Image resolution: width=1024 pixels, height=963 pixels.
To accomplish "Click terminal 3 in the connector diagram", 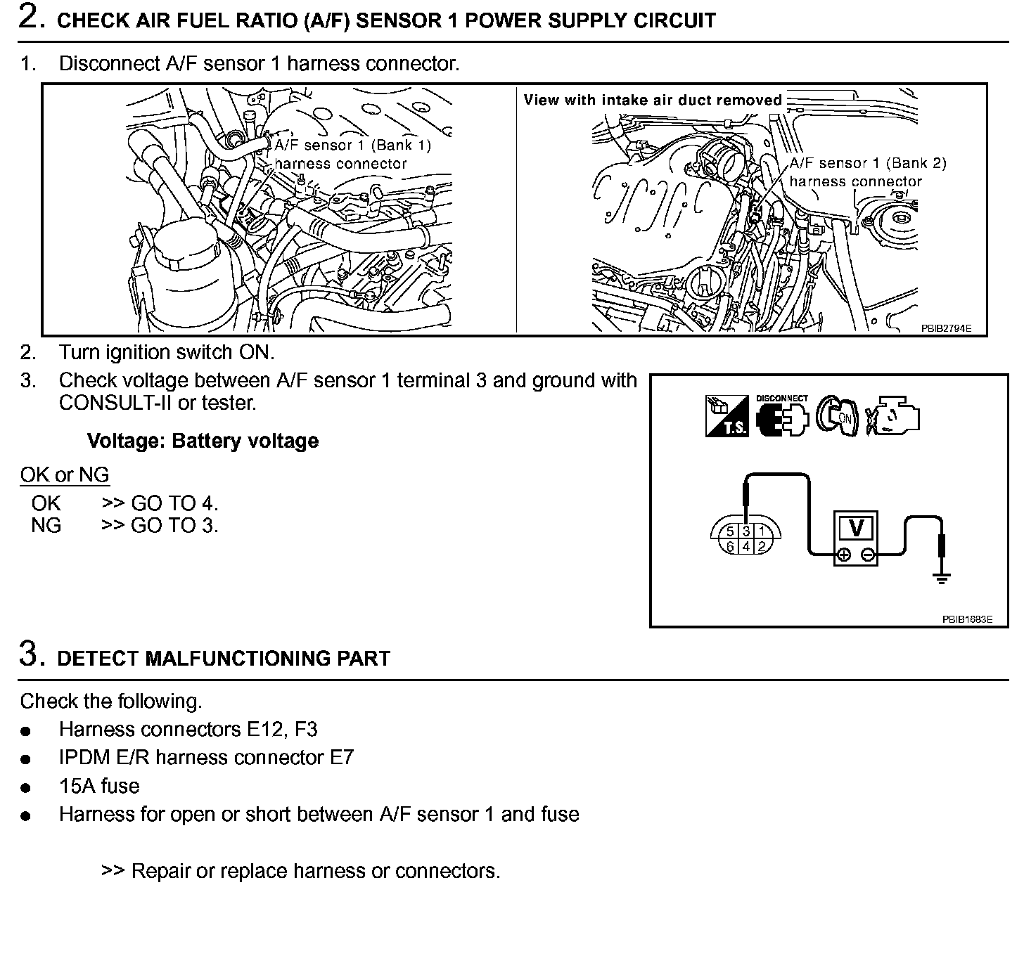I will coord(746,531).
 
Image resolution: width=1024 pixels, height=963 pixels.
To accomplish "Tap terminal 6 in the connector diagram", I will coord(731,546).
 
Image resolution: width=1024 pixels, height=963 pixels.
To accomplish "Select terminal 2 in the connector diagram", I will coord(761,546).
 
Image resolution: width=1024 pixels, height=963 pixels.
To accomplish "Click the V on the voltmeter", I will coord(856,527).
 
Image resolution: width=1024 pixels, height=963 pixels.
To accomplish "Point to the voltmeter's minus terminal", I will coord(868,555).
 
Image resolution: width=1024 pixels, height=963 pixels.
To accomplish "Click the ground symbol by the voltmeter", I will coord(941,578).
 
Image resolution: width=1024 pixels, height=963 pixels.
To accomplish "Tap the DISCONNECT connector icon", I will coord(782,416).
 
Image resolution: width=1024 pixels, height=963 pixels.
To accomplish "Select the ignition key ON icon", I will coord(837,416).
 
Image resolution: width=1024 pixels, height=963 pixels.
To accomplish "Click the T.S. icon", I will coord(727,416).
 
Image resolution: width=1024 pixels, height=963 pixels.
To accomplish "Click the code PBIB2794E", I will coord(946,328).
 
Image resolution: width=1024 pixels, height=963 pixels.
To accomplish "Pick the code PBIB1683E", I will coord(967,619).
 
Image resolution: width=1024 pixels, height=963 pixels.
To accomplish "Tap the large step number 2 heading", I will coord(29,18).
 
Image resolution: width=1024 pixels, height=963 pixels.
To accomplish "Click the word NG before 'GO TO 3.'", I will coord(46,525).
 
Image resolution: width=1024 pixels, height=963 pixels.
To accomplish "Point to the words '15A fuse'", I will coord(99,786).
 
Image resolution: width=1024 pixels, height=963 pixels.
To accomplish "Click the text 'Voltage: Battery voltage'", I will coord(203,441).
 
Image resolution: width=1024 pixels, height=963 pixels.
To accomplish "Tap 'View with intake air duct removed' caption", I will coord(653,100).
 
